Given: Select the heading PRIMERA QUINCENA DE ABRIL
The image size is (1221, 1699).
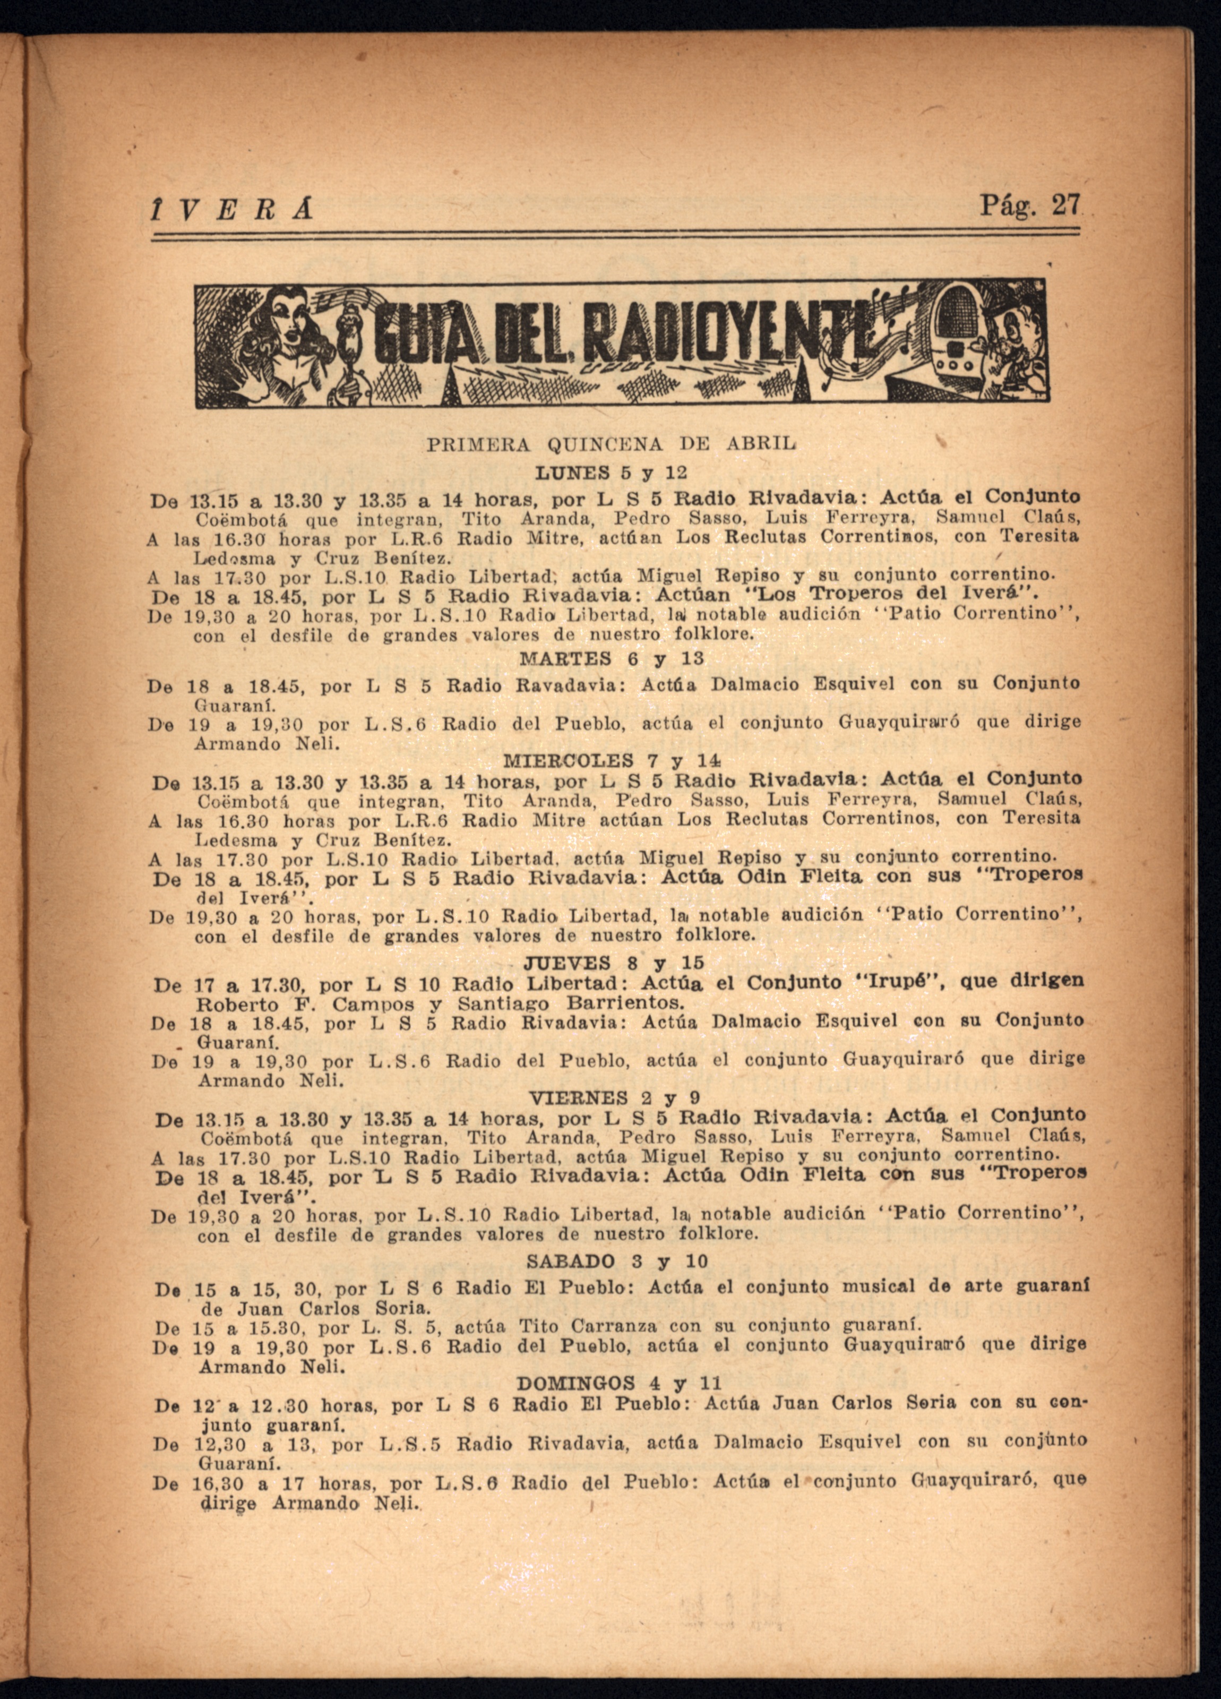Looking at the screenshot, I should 611,444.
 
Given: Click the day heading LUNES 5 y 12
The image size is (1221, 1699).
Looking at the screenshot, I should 611,474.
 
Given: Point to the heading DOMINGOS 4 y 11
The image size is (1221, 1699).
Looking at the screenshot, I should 619,1383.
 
